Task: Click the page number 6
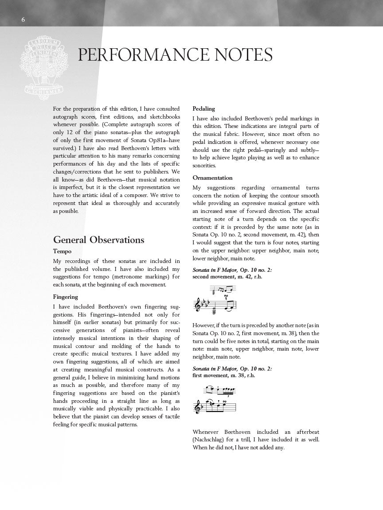pyautogui.click(x=23, y=19)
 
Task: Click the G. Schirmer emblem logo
pyautogui.click(x=38, y=65)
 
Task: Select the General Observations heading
pyautogui.click(x=98, y=240)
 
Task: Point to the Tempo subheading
pyautogui.click(x=62, y=251)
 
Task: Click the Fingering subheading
pyautogui.click(x=66, y=297)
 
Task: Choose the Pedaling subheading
pyautogui.click(x=203, y=108)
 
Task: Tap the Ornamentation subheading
pyautogui.click(x=212, y=178)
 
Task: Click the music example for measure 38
pyautogui.click(x=215, y=399)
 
